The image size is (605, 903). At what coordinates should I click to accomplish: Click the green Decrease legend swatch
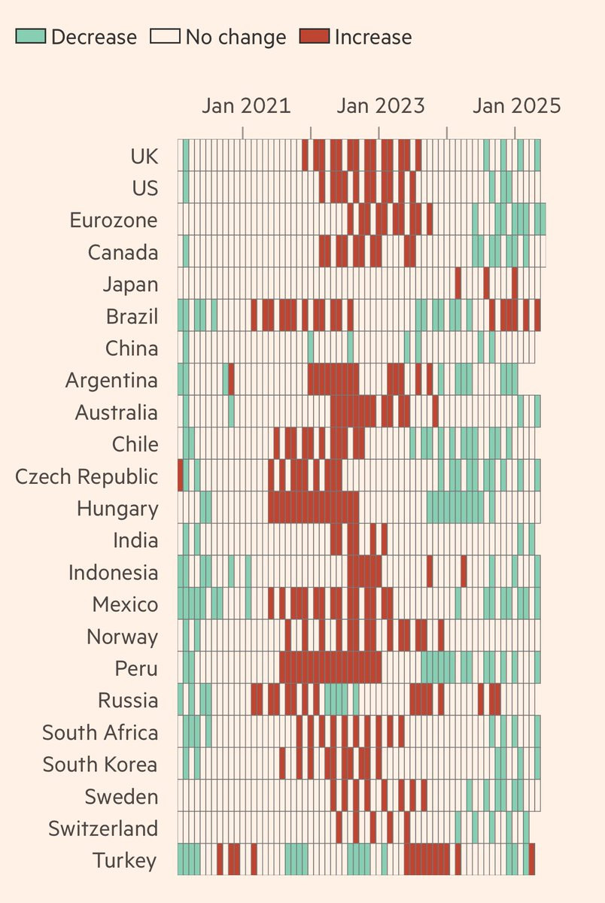pos(31,36)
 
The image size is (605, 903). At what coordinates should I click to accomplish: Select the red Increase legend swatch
pos(314,36)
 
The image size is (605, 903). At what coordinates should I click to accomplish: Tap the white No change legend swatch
pos(166,36)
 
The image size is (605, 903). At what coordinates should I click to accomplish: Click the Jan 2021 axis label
pos(246,105)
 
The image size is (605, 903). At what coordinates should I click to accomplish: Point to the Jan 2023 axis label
pos(381,105)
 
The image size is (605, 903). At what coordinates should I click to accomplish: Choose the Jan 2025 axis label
pos(517,105)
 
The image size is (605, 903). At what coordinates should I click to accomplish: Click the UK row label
pos(144,156)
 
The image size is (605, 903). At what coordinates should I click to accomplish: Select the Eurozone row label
pos(114,220)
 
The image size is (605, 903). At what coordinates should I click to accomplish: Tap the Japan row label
pos(131,284)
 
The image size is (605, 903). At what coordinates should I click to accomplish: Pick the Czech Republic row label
pos(87,476)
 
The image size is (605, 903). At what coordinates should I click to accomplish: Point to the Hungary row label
pos(117,509)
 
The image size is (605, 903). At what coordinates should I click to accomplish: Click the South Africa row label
pos(100,732)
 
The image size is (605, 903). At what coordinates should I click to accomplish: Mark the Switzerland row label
pos(103,829)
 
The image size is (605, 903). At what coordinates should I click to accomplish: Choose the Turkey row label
pos(126,860)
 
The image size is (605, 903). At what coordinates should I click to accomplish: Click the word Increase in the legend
pos(373,37)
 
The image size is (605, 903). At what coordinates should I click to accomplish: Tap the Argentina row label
pos(111,380)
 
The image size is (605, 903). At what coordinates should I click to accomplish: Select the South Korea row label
pos(100,765)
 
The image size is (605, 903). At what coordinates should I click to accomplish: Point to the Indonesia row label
pos(113,573)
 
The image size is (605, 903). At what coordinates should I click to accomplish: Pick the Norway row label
pos(122,637)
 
